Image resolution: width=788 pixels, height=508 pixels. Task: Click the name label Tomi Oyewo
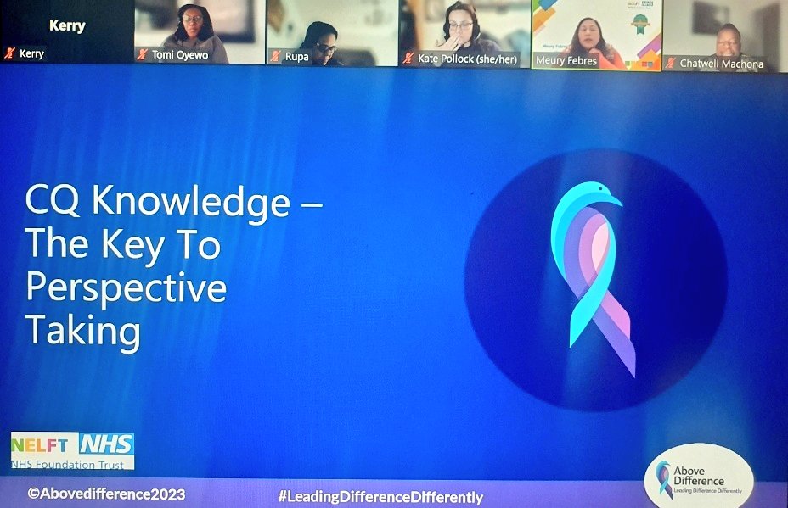click(x=180, y=55)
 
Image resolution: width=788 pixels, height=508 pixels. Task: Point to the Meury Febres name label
click(x=566, y=60)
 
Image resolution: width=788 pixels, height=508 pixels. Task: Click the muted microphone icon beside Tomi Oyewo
click(x=143, y=54)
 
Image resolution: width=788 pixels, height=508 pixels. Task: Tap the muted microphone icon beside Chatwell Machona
click(x=670, y=63)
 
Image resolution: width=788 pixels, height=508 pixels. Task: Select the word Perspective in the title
click(x=126, y=288)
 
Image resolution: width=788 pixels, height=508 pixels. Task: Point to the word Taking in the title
click(x=82, y=331)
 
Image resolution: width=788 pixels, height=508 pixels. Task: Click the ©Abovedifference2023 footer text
click(x=106, y=493)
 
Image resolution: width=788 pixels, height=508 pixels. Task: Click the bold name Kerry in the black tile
click(x=66, y=25)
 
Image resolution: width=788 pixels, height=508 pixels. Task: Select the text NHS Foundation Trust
click(x=69, y=463)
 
